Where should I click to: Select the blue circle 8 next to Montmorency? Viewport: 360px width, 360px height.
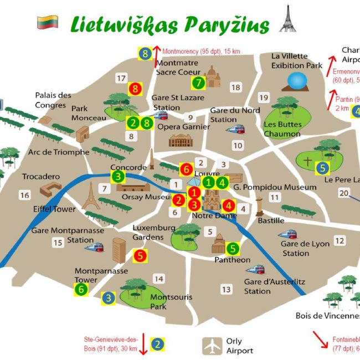tap(145, 54)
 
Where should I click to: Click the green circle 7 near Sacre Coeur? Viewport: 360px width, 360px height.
tap(199, 83)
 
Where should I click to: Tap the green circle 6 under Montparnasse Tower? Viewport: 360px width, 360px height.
tap(81, 289)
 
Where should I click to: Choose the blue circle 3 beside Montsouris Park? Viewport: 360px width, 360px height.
tap(109, 298)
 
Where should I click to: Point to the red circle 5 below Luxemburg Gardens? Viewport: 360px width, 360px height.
tap(140, 255)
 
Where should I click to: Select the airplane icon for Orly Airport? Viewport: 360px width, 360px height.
tap(212, 346)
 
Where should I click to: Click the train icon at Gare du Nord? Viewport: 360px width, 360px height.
tap(235, 130)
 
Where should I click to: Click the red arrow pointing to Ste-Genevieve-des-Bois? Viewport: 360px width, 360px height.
tap(143, 343)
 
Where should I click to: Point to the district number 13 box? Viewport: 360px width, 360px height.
tap(226, 289)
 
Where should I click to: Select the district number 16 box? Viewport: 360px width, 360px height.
tap(24, 195)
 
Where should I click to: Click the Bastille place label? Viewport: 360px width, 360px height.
tap(271, 220)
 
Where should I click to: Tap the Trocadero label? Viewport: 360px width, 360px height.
tap(40, 177)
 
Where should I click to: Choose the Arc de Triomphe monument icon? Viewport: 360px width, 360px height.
tap(83, 133)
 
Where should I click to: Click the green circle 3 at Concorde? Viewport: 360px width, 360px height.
tap(118, 177)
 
